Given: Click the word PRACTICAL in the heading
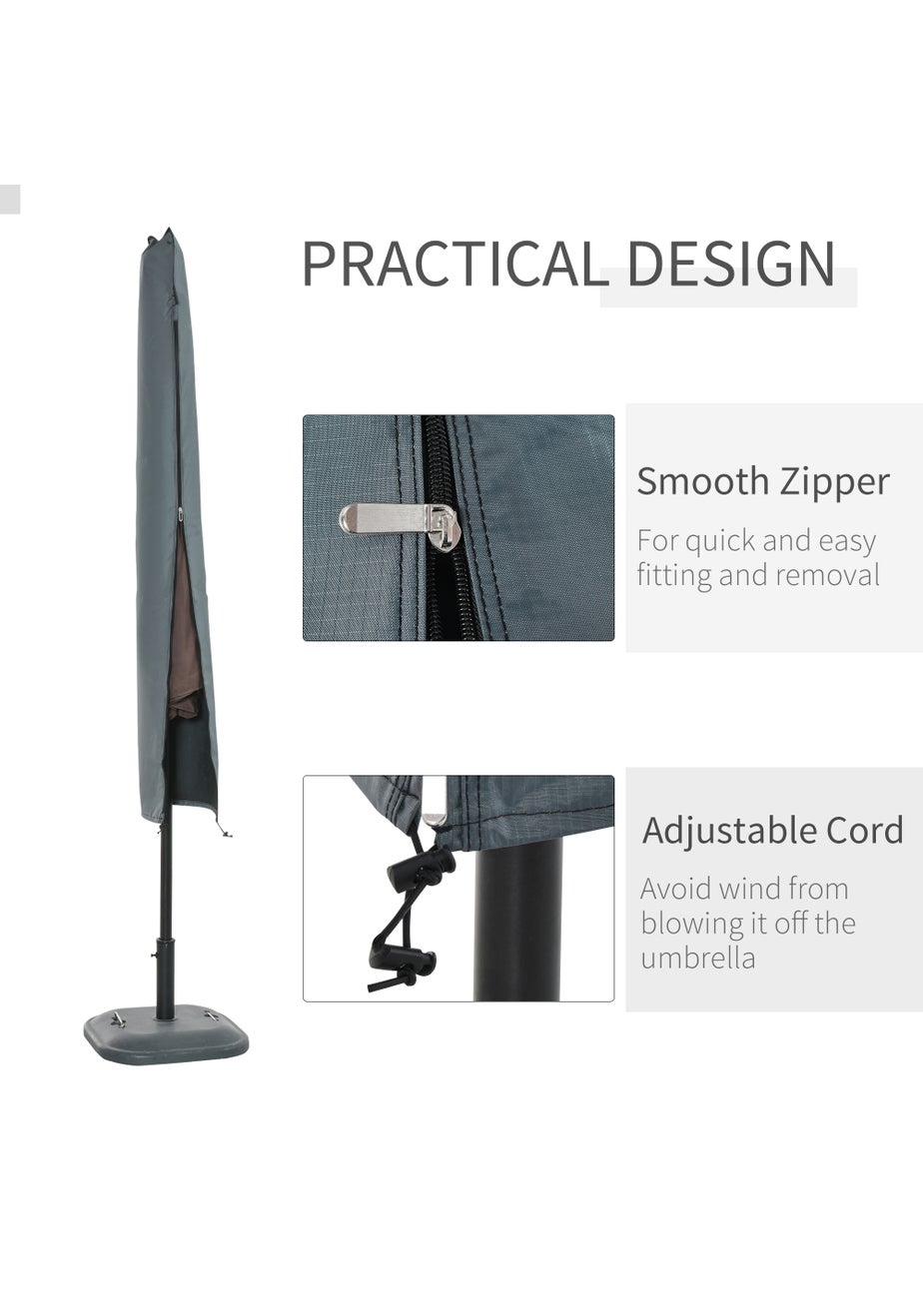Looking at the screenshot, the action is pyautogui.click(x=456, y=264).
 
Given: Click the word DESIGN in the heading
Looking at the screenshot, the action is pyautogui.click(x=731, y=264).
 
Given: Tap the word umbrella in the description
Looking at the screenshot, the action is pyautogui.click(x=697, y=959).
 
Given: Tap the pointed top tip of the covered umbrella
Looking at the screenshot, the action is pyautogui.click(x=169, y=230).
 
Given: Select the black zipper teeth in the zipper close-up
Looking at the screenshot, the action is pyautogui.click(x=440, y=527).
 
